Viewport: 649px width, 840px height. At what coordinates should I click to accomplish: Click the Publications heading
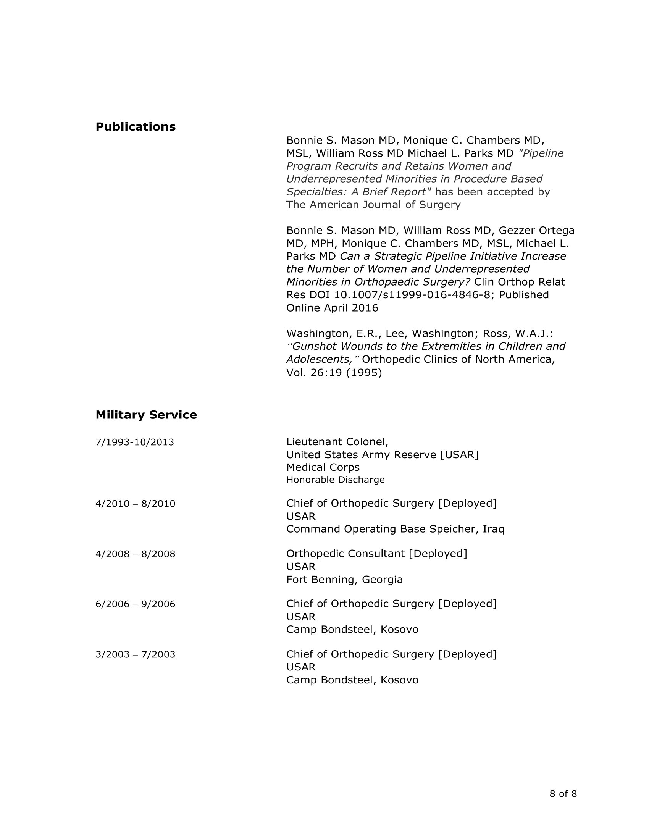[136, 127]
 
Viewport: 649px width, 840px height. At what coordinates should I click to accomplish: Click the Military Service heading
[146, 415]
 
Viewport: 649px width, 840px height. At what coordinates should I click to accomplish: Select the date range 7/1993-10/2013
[134, 442]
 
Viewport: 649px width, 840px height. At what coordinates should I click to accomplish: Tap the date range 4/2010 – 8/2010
[136, 504]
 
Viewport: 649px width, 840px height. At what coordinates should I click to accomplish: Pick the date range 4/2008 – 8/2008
[136, 554]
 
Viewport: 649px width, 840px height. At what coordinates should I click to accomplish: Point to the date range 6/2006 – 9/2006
[136, 604]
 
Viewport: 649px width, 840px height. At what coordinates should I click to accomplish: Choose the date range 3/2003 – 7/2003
[136, 654]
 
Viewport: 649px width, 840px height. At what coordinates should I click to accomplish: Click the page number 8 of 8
[563, 794]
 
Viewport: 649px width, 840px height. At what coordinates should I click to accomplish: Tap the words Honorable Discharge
[335, 480]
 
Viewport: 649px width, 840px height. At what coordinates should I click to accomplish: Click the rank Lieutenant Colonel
[337, 442]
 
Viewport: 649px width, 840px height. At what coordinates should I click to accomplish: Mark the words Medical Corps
[323, 467]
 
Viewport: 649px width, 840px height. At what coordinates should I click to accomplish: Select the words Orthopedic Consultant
[345, 554]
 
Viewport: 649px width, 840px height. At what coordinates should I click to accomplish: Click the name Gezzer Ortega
[536, 231]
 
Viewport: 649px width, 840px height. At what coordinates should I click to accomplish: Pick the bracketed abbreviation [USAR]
[459, 455]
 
